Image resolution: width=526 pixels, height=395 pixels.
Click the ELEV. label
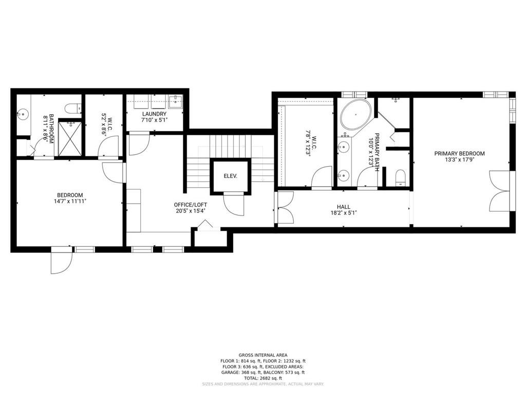231,176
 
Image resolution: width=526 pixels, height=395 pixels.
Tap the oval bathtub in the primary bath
356,114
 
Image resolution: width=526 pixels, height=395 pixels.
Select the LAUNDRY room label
154,114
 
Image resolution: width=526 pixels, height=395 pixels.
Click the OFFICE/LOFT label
190,205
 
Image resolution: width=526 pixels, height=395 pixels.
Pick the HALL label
344,207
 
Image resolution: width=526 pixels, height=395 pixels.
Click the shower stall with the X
70,137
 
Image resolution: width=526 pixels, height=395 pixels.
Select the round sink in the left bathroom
23,114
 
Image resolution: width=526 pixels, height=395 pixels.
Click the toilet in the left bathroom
73,109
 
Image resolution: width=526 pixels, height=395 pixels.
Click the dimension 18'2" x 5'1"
344,212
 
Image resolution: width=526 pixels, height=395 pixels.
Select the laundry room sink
175,100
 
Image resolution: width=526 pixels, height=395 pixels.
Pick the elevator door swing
234,205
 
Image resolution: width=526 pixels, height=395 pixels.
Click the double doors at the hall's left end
285,207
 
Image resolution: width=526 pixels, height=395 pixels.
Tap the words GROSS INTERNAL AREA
262,355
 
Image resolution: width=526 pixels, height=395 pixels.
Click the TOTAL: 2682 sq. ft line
262,378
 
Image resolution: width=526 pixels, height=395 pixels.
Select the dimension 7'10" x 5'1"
154,119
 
